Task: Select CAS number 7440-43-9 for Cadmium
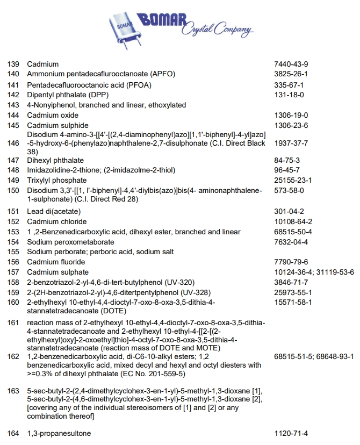(x=291, y=64)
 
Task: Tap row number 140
(x=13, y=74)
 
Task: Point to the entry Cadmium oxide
(x=53, y=115)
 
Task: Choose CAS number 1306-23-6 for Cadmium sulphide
(x=291, y=125)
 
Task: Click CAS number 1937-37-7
(x=291, y=143)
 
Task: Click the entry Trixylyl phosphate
(x=56, y=180)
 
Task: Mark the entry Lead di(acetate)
(x=53, y=211)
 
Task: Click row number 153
(x=13, y=232)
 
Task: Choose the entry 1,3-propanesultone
(x=59, y=433)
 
